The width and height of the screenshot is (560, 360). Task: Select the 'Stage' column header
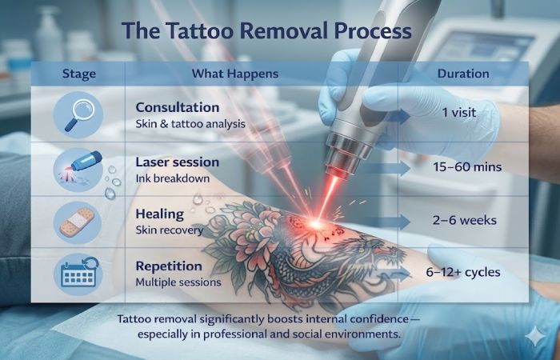coord(78,74)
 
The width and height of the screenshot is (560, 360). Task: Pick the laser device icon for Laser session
coord(78,167)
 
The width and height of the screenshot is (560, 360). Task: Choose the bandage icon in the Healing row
coord(78,220)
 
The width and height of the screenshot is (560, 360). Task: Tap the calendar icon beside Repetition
coord(78,274)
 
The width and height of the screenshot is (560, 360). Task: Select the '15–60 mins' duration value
coord(468,168)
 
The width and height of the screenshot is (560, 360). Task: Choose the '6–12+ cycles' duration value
coord(464,272)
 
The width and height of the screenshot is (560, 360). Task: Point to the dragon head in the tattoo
coord(376,240)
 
